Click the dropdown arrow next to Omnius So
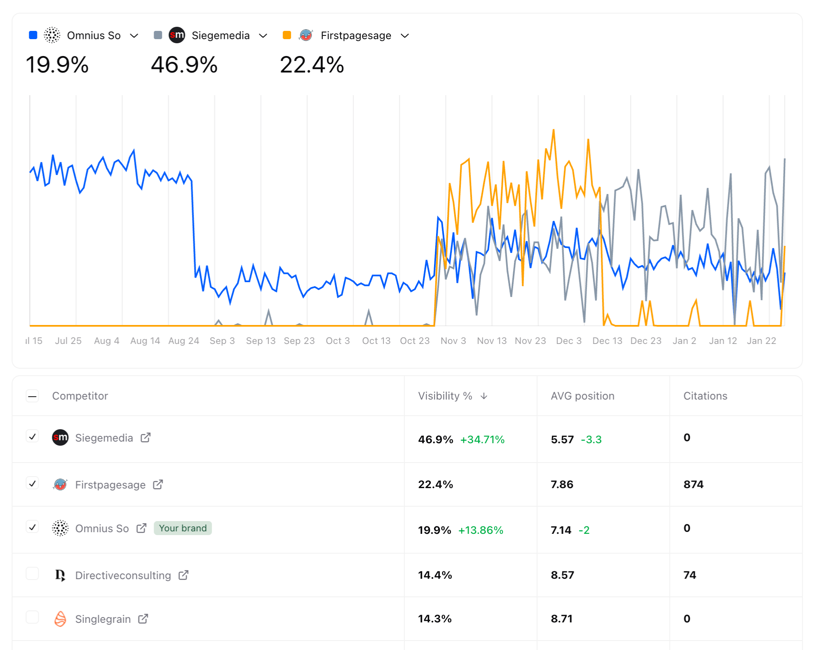click(x=134, y=36)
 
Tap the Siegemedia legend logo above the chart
click(x=177, y=35)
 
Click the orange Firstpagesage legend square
click(x=287, y=35)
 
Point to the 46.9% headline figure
click(x=184, y=65)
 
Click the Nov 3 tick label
click(x=453, y=341)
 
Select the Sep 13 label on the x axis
click(x=260, y=341)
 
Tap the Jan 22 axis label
click(x=761, y=341)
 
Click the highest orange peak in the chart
click(x=553, y=131)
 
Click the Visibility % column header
click(x=445, y=396)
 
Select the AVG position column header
click(x=582, y=396)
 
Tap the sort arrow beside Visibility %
click(x=484, y=396)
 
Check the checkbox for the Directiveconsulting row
click(x=33, y=573)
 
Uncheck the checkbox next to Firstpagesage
click(x=33, y=483)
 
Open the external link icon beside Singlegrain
click(x=143, y=619)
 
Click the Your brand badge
click(x=183, y=528)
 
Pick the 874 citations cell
click(x=693, y=484)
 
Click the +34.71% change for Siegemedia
click(x=482, y=440)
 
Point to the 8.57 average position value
click(x=562, y=575)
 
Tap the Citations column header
click(x=705, y=396)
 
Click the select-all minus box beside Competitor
click(x=33, y=396)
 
